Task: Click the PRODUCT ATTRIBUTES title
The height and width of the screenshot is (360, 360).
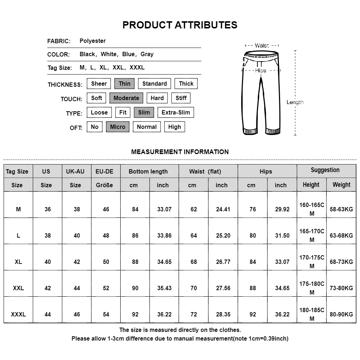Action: [180, 25]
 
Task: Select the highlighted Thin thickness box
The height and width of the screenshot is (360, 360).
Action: [124, 84]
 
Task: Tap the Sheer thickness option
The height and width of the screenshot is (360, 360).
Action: [99, 84]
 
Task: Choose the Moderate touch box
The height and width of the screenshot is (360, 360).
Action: [126, 98]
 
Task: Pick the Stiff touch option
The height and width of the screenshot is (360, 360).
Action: [181, 98]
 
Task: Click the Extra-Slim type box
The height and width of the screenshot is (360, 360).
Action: [176, 113]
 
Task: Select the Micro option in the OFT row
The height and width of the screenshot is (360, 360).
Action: [117, 127]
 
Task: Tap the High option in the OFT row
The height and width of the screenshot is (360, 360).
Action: [175, 127]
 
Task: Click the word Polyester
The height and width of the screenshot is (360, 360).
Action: [93, 41]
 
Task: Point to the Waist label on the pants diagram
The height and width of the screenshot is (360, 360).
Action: [262, 46]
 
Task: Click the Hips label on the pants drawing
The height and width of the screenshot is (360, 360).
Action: [261, 71]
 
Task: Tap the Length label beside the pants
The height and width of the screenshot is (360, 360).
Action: [295, 102]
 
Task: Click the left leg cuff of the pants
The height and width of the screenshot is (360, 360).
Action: [250, 131]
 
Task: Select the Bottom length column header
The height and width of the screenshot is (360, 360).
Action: [148, 171]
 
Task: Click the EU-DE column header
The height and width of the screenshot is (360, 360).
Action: [104, 171]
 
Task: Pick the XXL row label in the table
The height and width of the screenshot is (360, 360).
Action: [18, 288]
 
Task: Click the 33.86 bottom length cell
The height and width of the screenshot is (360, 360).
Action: [164, 235]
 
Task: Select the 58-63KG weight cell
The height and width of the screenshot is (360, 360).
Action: [341, 209]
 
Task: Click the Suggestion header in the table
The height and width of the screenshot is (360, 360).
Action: [325, 170]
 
